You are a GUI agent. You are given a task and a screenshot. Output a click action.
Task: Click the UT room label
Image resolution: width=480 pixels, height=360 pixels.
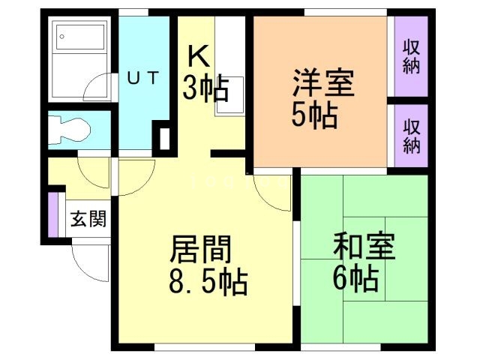(x=142, y=77)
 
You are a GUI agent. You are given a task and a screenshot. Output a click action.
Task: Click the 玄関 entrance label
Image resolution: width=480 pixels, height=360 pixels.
(x=88, y=220)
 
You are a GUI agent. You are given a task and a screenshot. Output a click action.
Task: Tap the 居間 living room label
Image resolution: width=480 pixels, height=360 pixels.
(x=201, y=248)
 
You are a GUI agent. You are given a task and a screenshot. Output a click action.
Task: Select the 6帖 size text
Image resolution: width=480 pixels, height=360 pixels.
(x=355, y=280)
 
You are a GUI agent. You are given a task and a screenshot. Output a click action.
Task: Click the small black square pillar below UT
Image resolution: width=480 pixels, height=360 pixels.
(x=163, y=138)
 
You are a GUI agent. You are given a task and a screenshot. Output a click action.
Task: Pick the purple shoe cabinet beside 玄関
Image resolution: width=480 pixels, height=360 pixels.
(x=52, y=214)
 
